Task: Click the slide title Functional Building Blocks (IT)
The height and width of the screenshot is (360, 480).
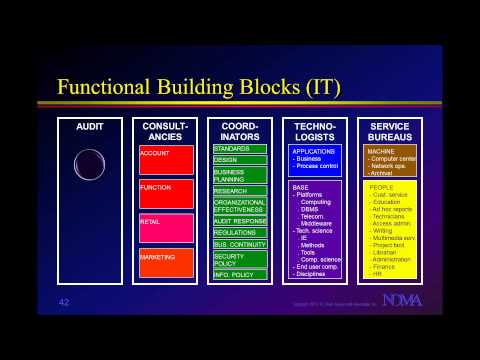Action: pos(199,87)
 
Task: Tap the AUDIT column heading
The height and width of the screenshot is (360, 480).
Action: pos(90,127)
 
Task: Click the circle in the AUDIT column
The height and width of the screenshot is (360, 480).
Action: pos(90,165)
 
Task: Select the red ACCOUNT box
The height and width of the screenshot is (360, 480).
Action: pos(166,160)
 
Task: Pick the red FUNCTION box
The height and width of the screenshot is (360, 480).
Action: pos(166,193)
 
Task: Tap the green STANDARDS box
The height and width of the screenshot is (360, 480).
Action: pos(240,149)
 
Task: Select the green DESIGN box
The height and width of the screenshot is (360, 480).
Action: pos(240,160)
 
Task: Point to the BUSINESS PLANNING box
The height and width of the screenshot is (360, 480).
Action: pos(240,175)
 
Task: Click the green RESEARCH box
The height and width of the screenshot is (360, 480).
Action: pos(240,190)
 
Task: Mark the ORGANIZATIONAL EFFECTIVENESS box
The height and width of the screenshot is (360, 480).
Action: pos(240,205)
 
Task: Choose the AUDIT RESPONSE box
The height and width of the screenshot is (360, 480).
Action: pos(240,220)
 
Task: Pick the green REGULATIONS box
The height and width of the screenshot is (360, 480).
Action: pos(240,232)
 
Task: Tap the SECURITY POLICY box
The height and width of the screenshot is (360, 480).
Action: pos(240,259)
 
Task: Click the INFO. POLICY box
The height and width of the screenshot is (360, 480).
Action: pos(240,274)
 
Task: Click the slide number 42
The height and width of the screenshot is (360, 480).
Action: pos(64,301)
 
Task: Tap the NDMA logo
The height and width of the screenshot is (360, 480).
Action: pos(402,300)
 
